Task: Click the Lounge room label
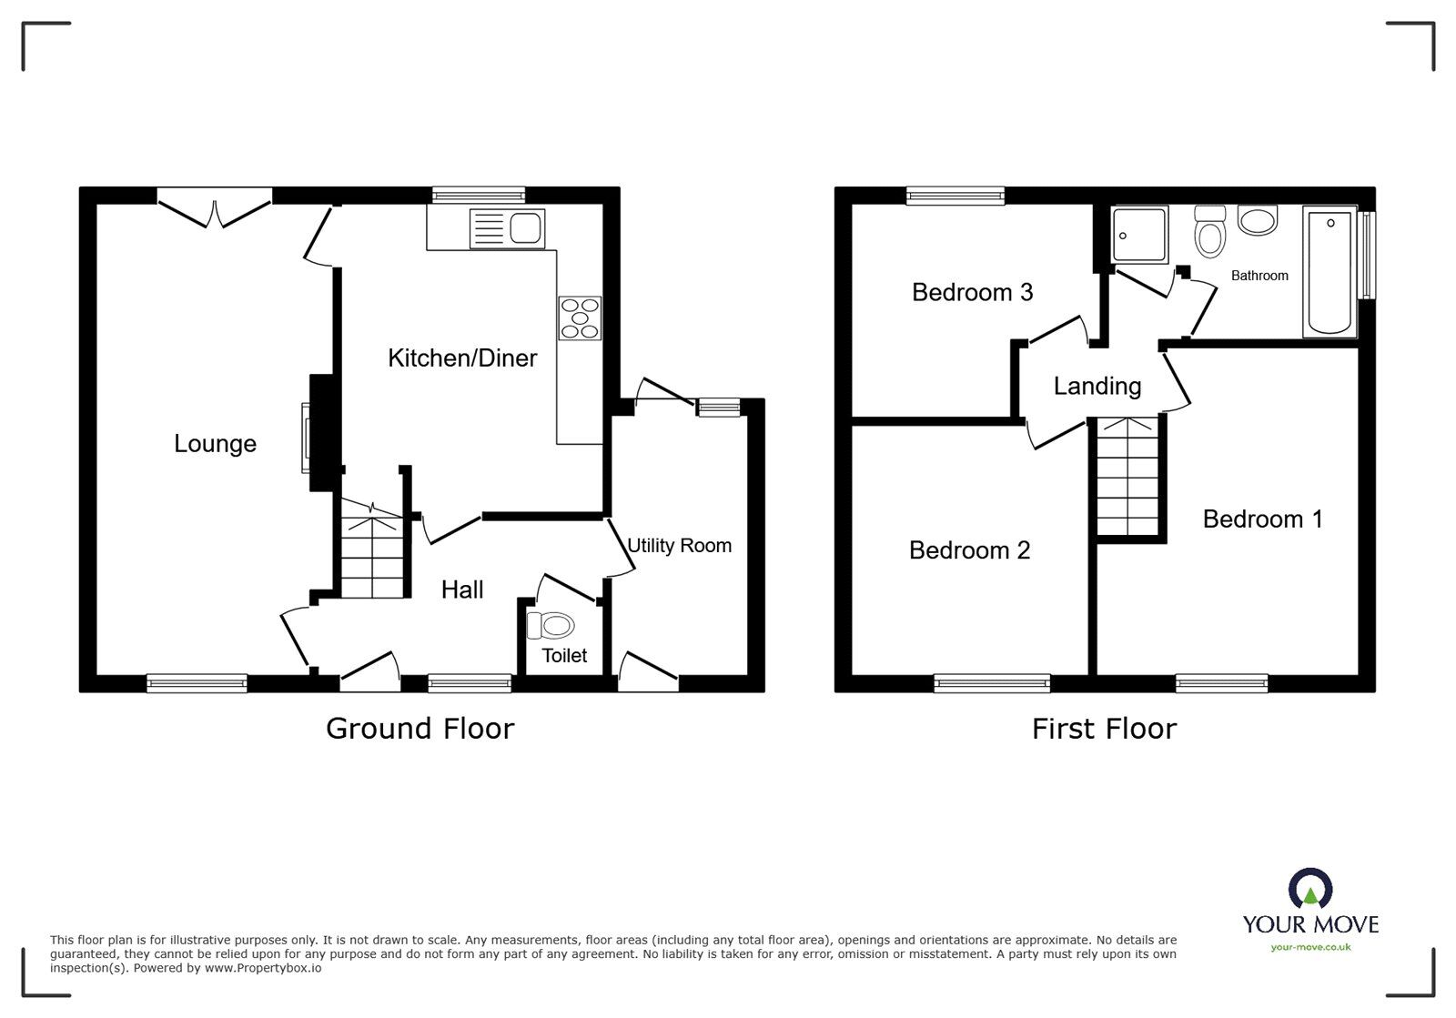pyautogui.click(x=215, y=444)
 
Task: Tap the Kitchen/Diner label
pyautogui.click(x=462, y=358)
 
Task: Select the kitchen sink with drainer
pyautogui.click(x=507, y=228)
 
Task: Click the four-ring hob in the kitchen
pyautogui.click(x=580, y=318)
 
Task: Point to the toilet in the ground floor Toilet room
pyautogui.click(x=551, y=626)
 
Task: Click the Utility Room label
pyautogui.click(x=679, y=546)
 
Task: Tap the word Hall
pyautogui.click(x=462, y=590)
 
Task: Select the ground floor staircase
pyautogui.click(x=372, y=549)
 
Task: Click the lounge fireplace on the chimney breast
pyautogui.click(x=306, y=438)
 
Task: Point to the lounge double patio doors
pyautogui.click(x=215, y=208)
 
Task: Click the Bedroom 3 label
pyautogui.click(x=973, y=292)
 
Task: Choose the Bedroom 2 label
pyautogui.click(x=969, y=550)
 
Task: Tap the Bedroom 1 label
pyautogui.click(x=1262, y=519)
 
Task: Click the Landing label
pyautogui.click(x=1097, y=386)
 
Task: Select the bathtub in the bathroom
pyautogui.click(x=1330, y=271)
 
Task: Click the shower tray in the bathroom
pyautogui.click(x=1140, y=235)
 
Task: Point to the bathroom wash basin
pyautogui.click(x=1258, y=220)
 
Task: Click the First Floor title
pyautogui.click(x=1105, y=729)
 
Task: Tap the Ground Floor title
pyautogui.click(x=420, y=729)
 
